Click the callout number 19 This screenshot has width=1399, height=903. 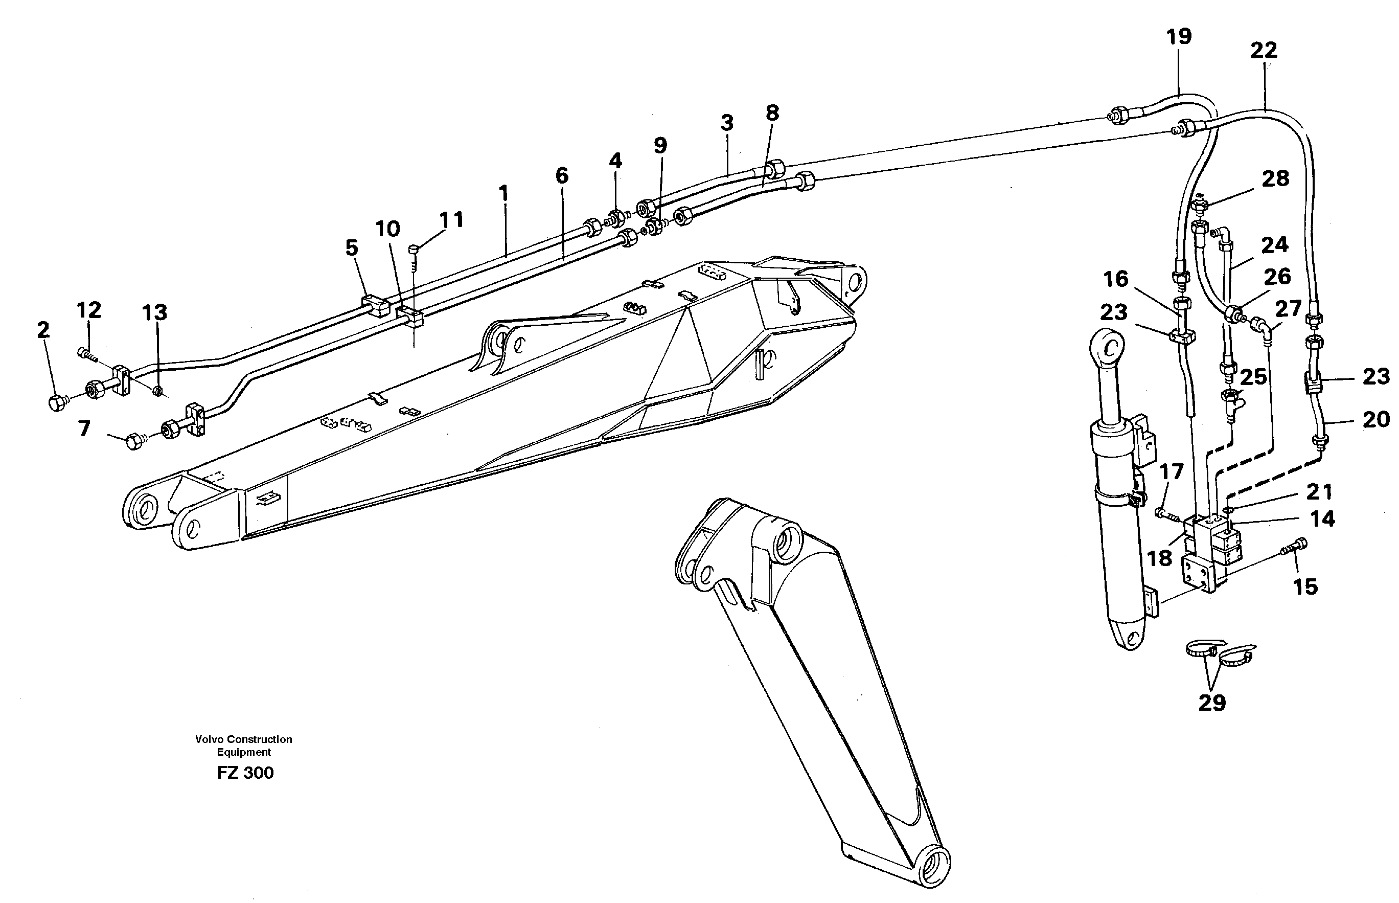[1179, 37]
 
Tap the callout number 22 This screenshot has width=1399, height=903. [1264, 51]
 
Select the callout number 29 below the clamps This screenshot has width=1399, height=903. [1212, 702]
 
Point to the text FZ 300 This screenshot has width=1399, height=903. [245, 773]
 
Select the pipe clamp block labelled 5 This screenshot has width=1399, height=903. [375, 305]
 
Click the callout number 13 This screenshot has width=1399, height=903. [155, 312]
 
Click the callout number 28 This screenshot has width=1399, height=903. [1275, 178]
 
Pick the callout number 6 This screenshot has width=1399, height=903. [561, 175]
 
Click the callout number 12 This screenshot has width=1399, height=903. [89, 309]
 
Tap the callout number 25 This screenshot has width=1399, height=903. [1253, 377]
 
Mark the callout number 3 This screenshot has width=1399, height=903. [727, 123]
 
